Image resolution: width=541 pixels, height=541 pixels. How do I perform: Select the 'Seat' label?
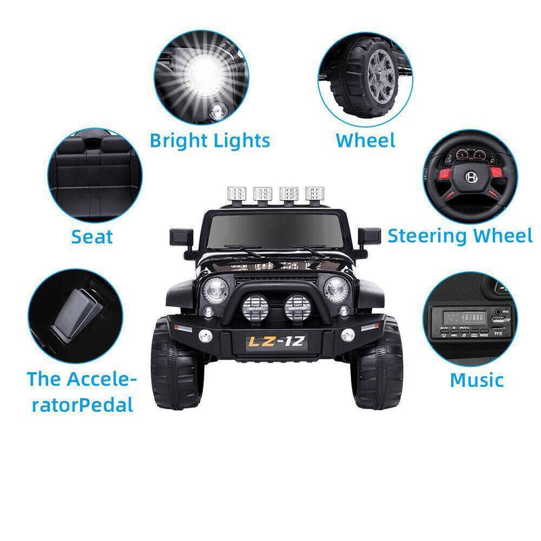pyautogui.click(x=92, y=237)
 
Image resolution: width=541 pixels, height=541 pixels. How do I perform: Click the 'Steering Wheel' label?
pyautogui.click(x=460, y=235)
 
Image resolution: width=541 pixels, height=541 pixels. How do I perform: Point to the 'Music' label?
pyautogui.click(x=477, y=379)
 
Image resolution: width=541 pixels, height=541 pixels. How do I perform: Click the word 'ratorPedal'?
pyautogui.click(x=80, y=404)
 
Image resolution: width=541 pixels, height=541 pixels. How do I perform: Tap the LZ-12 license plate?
pyautogui.click(x=276, y=342)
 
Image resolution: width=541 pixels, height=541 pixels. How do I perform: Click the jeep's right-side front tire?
pyautogui.click(x=379, y=365)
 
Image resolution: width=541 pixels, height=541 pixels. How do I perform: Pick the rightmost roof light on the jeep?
pyautogui.click(x=314, y=193)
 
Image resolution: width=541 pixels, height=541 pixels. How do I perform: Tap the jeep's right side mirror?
pyautogui.click(x=371, y=237)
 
